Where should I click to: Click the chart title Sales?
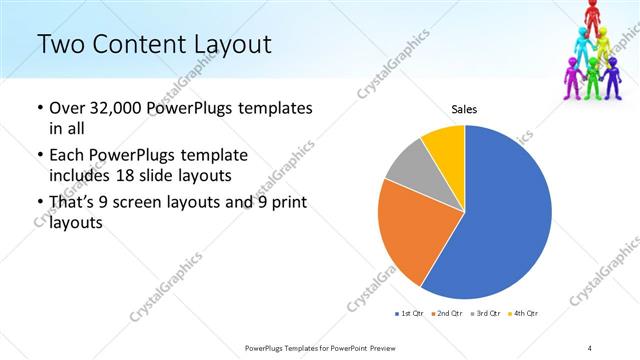tap(464, 109)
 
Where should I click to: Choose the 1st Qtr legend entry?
tap(408, 314)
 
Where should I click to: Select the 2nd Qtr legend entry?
tap(446, 314)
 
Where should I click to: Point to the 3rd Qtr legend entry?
tap(485, 314)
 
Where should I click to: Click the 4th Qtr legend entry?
tap(524, 314)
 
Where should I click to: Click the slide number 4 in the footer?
tap(590, 347)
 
